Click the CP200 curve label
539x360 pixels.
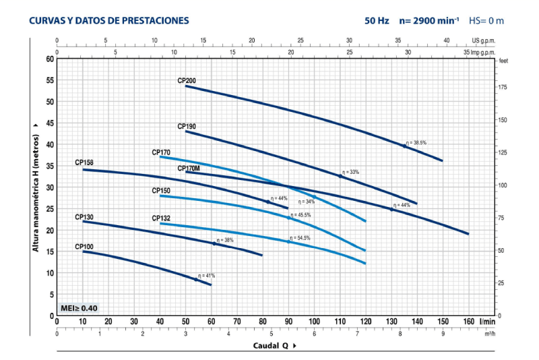point(187,81)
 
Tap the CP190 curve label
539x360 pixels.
point(187,126)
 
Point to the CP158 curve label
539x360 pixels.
point(84,163)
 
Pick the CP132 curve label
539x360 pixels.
point(161,218)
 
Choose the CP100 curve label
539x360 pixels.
point(84,247)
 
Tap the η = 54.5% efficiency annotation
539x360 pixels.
point(300,238)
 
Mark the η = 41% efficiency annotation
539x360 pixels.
point(207,276)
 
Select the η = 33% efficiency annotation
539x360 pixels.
point(351,172)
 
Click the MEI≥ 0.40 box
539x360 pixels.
point(79,308)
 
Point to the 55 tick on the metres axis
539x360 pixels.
point(49,80)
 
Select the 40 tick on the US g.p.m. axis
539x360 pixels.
point(447,40)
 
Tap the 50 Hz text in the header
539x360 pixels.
point(377,21)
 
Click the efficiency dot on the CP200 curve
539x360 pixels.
point(405,146)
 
